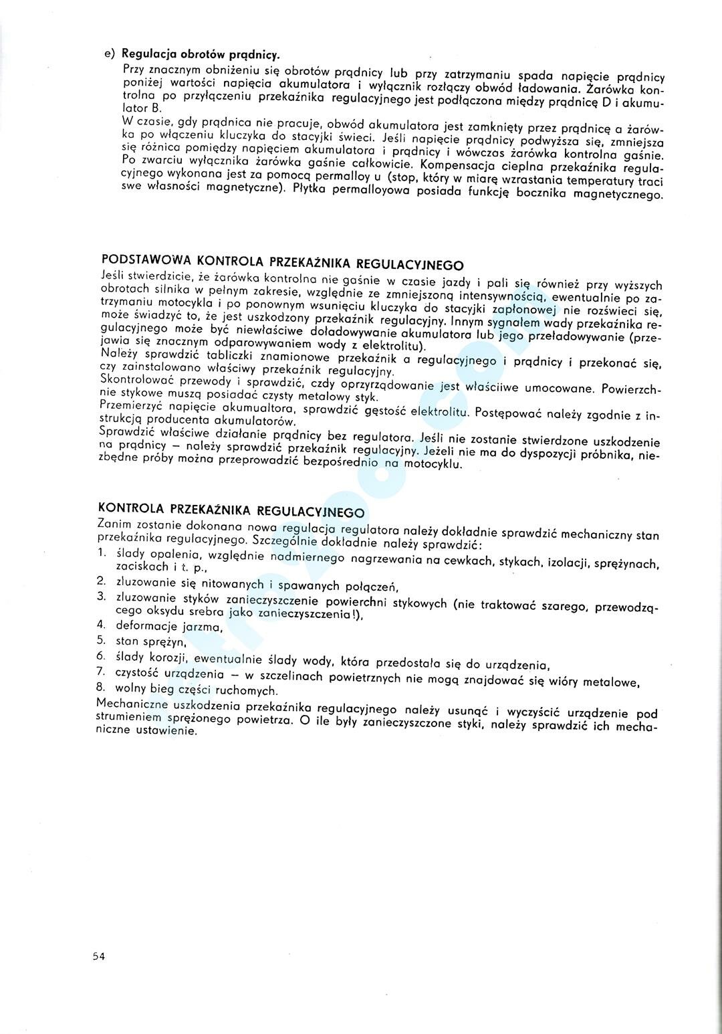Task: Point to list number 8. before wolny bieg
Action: (x=102, y=686)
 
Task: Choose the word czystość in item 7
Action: (x=138, y=671)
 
